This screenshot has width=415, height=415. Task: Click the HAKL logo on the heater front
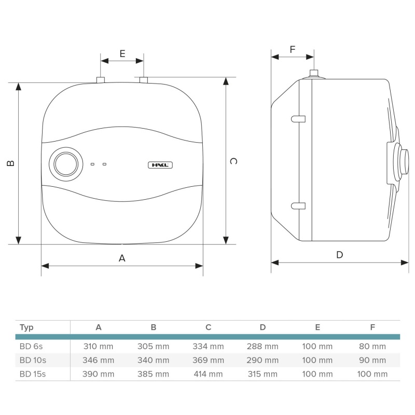click(x=160, y=165)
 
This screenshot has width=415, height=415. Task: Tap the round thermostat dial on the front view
click(x=66, y=164)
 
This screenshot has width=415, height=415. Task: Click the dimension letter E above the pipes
click(x=122, y=54)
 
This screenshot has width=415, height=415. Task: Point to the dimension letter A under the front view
click(x=122, y=258)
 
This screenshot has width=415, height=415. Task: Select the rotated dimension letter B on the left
click(x=10, y=163)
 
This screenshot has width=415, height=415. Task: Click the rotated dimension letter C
click(x=233, y=161)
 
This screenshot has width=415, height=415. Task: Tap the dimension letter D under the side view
click(x=340, y=255)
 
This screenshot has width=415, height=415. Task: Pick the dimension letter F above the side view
click(x=293, y=49)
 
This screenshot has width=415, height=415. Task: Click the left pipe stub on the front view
click(x=101, y=80)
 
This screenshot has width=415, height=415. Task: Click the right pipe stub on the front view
click(x=144, y=80)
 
